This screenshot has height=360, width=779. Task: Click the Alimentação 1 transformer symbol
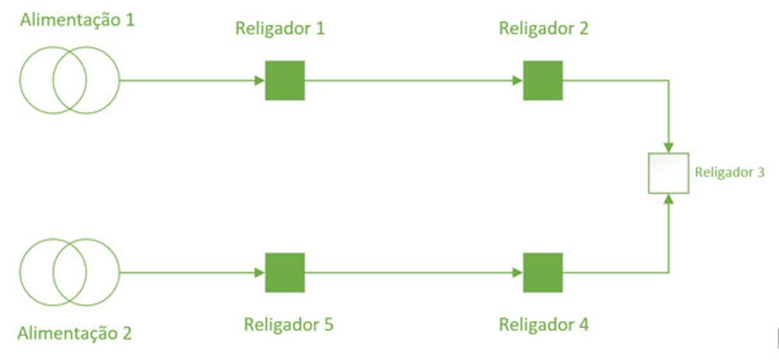(x=70, y=80)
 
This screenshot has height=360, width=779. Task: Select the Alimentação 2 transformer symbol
(x=70, y=272)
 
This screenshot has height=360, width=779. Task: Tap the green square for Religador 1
(x=285, y=80)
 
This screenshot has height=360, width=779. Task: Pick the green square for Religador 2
(x=543, y=80)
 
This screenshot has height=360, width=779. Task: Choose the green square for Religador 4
(x=543, y=272)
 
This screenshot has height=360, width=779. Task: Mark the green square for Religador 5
(x=285, y=272)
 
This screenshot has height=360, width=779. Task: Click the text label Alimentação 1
(x=77, y=19)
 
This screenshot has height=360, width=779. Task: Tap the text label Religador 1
(x=280, y=30)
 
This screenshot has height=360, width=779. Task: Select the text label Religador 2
(x=544, y=30)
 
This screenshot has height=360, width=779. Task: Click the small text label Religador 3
(x=730, y=172)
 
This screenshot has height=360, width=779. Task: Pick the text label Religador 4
(x=544, y=323)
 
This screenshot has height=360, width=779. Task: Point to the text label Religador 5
(x=288, y=323)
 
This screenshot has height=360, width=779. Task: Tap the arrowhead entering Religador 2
(x=518, y=80)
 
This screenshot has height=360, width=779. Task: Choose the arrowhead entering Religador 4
(x=518, y=272)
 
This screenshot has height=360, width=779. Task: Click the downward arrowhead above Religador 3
(x=669, y=146)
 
